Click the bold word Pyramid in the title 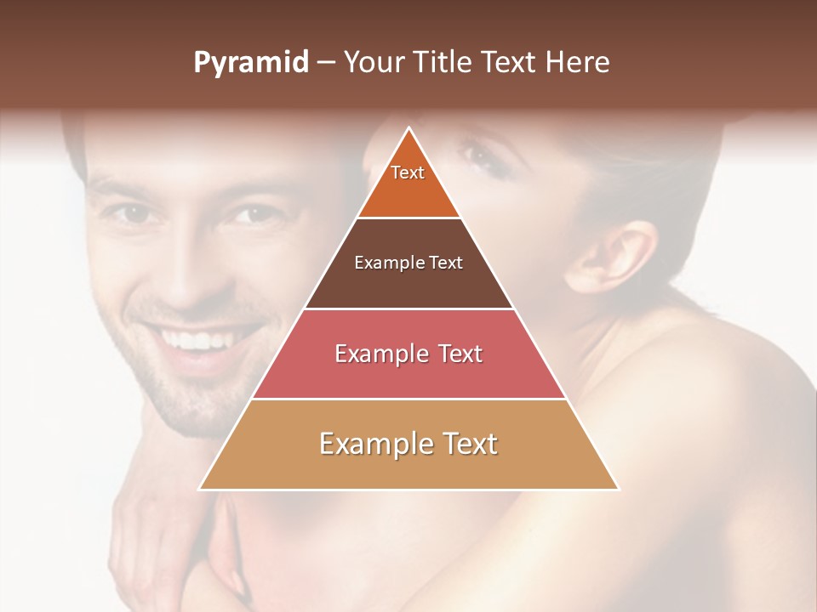(250, 63)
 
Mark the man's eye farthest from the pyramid (132, 212)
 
